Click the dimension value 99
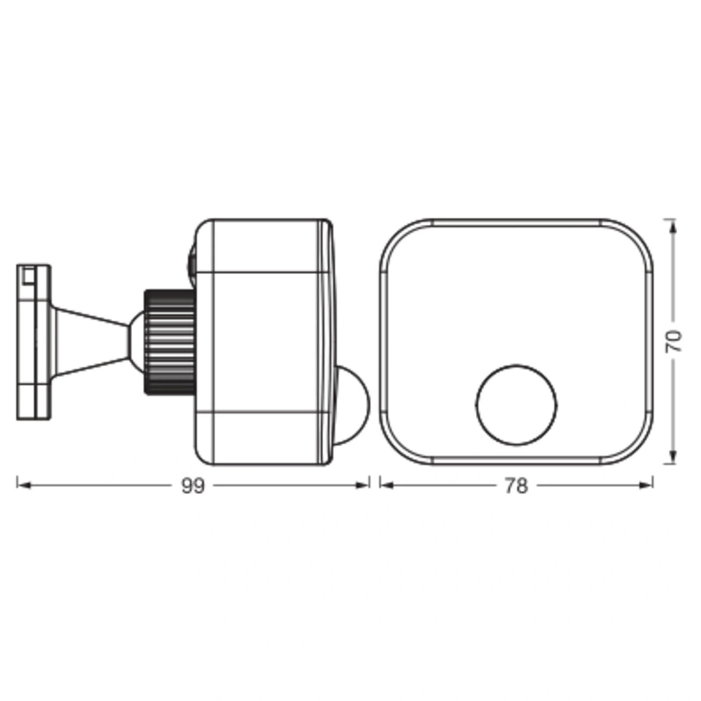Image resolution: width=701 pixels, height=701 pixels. point(193,485)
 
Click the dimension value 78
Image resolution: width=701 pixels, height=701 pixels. point(517,485)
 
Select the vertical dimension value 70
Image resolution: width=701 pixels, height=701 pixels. point(673,341)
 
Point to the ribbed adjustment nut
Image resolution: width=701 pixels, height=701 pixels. point(170,342)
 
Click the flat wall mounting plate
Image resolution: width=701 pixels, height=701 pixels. point(33,342)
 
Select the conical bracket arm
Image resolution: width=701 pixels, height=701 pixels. point(90,342)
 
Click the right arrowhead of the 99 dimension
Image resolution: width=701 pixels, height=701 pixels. point(363,485)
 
